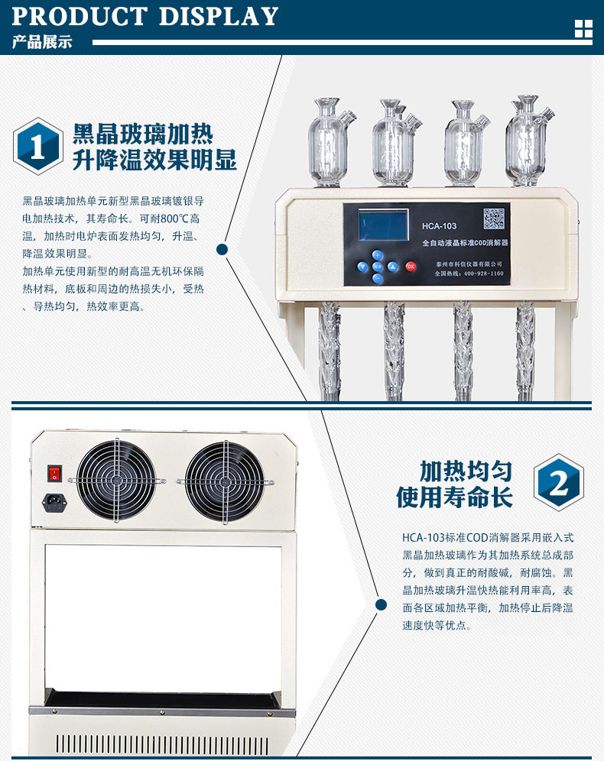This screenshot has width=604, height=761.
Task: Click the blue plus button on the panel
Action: pos(377,254)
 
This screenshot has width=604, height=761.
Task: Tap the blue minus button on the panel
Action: pos(377,278)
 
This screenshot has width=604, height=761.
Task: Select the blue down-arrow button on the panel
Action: pos(362,267)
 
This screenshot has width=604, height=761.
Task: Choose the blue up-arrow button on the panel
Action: pos(393,267)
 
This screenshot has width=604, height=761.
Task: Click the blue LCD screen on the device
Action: pos(383,225)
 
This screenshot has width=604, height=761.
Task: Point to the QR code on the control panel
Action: pos(494,219)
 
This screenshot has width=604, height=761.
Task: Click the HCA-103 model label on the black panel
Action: pos(439,225)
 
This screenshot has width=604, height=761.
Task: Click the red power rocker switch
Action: pos(54,473)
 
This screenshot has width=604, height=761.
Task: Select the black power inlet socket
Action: pos(54,502)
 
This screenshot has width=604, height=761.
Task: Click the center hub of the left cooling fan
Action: pos(116,480)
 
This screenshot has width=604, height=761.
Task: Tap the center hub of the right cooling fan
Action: pos(224,481)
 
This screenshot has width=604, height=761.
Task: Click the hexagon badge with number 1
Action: pos(38,146)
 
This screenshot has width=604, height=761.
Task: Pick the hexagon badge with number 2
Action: pos(559,482)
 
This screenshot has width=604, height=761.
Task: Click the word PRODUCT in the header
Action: pos(80,17)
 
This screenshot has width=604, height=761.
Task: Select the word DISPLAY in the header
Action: pos(219,17)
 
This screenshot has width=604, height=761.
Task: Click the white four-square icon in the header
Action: pos(583,28)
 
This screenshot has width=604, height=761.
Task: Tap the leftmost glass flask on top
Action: pos(330,141)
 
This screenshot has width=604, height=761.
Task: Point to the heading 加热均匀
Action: pos(466,471)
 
